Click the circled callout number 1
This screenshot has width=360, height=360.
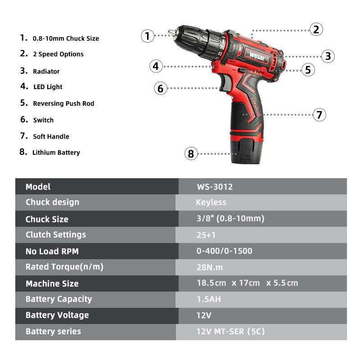148,36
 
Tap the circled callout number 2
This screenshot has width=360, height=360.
316,29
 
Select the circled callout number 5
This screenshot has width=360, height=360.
308,70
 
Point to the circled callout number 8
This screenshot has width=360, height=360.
191,153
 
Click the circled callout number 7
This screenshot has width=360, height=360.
319,115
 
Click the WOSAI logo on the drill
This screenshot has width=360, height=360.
257,56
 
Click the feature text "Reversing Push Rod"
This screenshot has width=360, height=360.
63,103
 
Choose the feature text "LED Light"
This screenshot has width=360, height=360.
48,87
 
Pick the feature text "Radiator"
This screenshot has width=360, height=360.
46,72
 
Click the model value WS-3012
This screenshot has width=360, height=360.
215,187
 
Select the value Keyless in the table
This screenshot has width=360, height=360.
211,202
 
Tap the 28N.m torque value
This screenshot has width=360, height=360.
210,267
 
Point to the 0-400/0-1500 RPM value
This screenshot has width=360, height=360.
224,251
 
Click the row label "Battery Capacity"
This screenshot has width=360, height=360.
59,299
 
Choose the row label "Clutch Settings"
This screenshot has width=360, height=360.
56,234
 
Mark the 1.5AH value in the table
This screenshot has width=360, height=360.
209,299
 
